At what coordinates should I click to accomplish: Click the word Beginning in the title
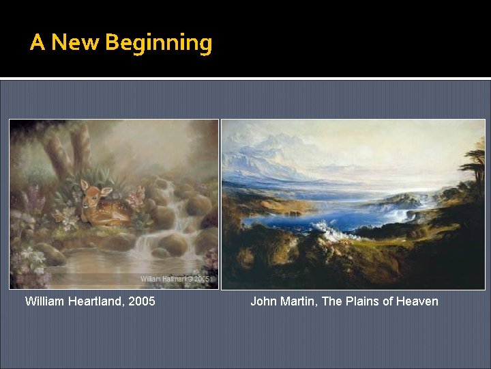pyautogui.click(x=159, y=44)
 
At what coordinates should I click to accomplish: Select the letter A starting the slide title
pyautogui.click(x=38, y=43)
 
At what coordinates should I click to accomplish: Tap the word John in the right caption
pyautogui.click(x=263, y=301)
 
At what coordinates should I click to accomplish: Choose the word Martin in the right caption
pyautogui.click(x=297, y=301)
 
